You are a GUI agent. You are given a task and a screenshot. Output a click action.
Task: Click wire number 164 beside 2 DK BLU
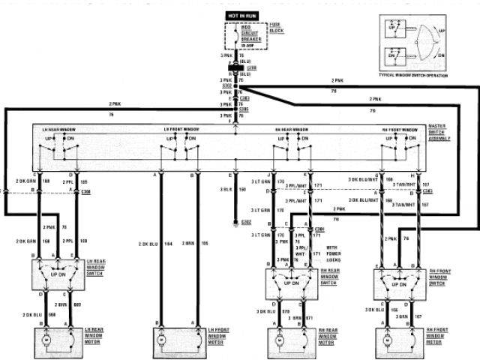[x=168, y=244]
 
